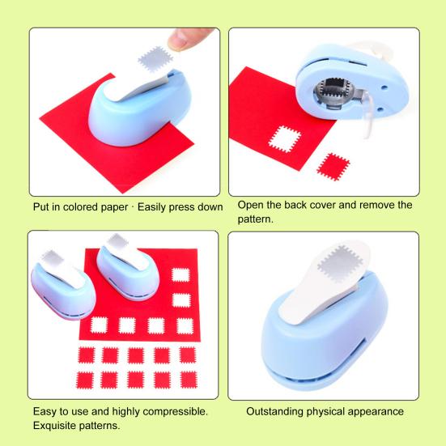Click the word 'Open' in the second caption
[x=253, y=205]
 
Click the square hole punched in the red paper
[x=282, y=139]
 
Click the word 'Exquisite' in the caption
[x=57, y=426]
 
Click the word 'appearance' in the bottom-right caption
[x=376, y=411]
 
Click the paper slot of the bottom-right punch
[x=317, y=376]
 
